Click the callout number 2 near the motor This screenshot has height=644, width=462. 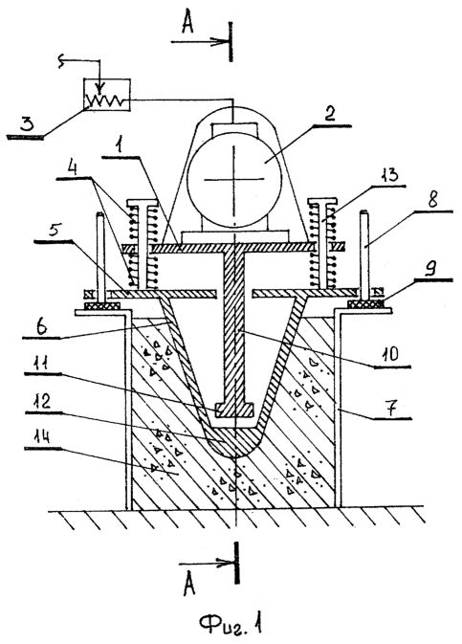coord(330,113)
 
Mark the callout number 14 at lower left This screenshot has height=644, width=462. coord(41,436)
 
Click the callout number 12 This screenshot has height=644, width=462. coord(42,401)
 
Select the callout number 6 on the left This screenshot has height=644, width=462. coord(41,326)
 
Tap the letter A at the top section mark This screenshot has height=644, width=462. coord(187,25)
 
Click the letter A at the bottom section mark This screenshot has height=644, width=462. coord(188,585)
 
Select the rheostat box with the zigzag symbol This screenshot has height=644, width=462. coord(107,95)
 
